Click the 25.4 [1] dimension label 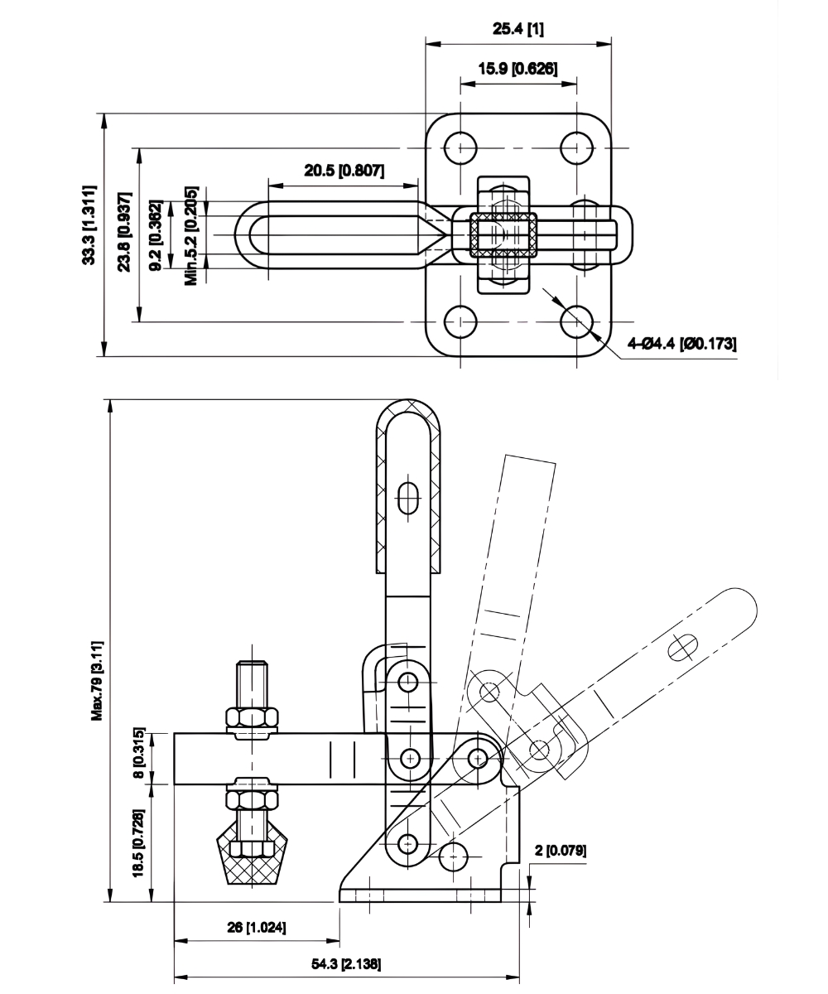518,29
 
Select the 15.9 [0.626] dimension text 518,69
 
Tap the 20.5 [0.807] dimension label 344,171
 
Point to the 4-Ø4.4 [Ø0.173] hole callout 682,343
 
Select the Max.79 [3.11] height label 97,679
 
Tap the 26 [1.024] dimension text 258,928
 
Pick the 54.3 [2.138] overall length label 347,964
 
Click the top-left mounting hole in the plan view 460,148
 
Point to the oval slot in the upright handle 407,499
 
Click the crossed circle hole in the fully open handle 685,647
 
